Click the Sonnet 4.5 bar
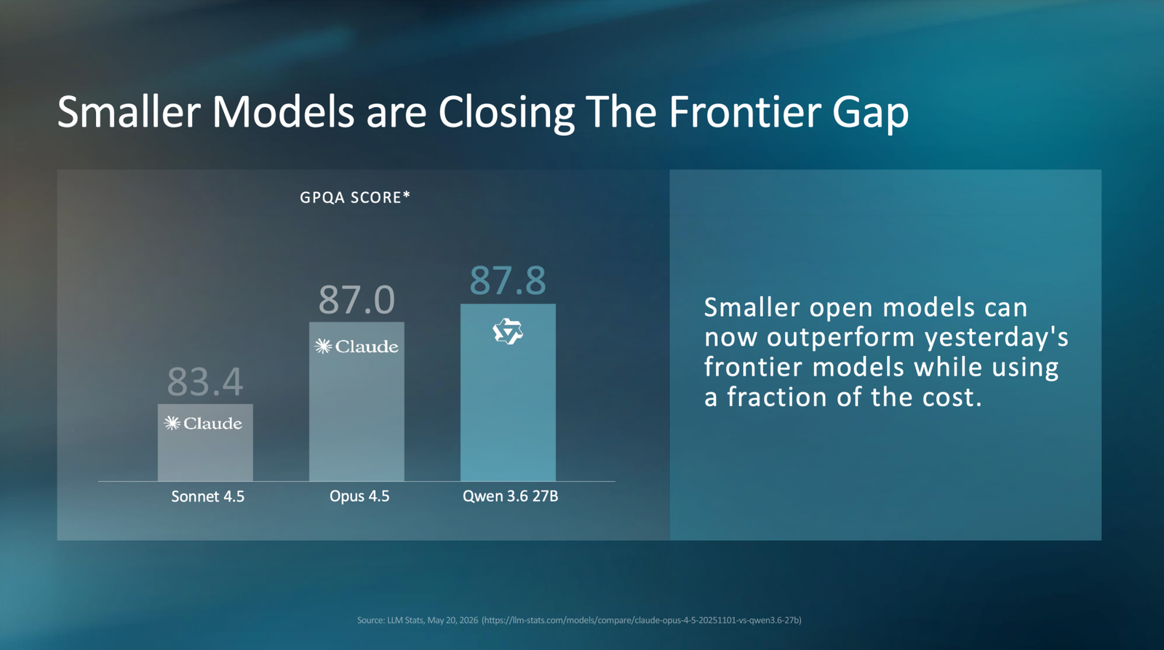click(205, 443)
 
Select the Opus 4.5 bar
click(356, 402)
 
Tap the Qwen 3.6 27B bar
click(508, 392)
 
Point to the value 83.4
click(205, 381)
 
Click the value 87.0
click(356, 300)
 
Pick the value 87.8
click(508, 281)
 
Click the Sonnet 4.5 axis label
click(208, 496)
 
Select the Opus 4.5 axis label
click(359, 496)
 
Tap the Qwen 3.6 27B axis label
click(510, 496)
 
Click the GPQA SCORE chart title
click(355, 197)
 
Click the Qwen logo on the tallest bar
click(508, 332)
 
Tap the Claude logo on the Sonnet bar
click(203, 424)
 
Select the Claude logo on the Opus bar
click(356, 346)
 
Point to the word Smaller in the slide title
click(129, 112)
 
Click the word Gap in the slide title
click(870, 114)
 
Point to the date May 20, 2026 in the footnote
click(453, 620)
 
